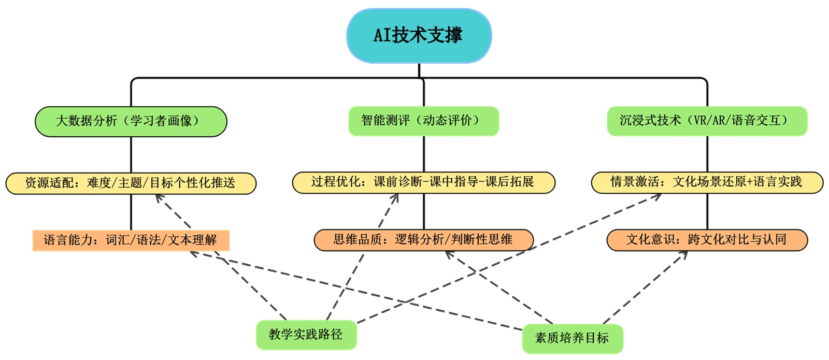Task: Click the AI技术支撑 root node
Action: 419,35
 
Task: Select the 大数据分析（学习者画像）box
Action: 131,121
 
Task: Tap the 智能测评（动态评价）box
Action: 423,121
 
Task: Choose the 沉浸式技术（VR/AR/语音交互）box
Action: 707,121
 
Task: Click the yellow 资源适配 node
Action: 131,183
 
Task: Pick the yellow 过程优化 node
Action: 423,182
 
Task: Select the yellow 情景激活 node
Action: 707,182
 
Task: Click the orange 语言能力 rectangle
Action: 131,240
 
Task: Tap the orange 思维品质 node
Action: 423,239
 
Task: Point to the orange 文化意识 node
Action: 707,239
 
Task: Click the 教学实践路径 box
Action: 306,334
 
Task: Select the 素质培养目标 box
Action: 572,338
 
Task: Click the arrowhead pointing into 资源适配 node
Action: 158,197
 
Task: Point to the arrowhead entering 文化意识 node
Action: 685,253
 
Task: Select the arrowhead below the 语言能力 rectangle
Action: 193,253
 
